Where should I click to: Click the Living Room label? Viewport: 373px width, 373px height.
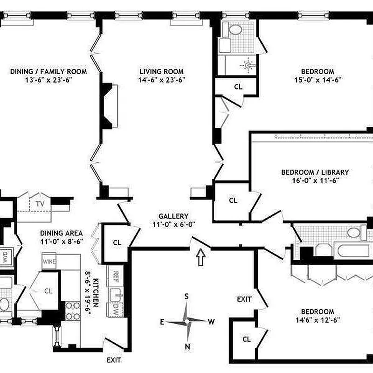tap(161, 71)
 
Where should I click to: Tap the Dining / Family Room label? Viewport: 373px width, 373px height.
tap(48, 71)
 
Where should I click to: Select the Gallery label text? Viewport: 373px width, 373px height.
tap(173, 216)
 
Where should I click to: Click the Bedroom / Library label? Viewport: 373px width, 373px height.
tap(315, 172)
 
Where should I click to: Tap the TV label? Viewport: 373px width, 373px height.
tap(40, 203)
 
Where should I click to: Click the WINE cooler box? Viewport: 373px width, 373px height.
tap(49, 261)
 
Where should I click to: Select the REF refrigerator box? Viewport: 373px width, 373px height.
tap(115, 276)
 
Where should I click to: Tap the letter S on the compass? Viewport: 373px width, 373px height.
tap(186, 297)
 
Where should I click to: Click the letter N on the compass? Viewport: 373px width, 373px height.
tap(186, 346)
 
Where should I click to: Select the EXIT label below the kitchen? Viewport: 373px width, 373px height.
tap(114, 360)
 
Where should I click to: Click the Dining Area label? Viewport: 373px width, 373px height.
tap(61, 233)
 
